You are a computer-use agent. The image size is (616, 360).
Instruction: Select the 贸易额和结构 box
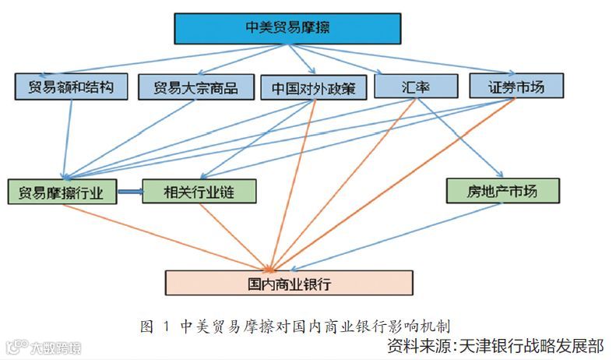[x=70, y=86]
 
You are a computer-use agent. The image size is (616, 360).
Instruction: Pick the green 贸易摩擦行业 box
[x=62, y=192]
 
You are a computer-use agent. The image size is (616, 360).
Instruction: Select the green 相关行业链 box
[x=199, y=192]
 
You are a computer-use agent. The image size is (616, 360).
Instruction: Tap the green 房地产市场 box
[x=502, y=189]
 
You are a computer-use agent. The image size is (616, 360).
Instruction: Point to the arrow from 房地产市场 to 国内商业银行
[x=389, y=235]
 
